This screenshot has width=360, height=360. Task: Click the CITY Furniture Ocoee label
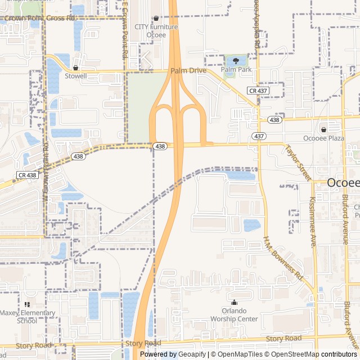pyautogui.click(x=156, y=30)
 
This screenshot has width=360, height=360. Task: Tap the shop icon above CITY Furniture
pyautogui.click(x=156, y=19)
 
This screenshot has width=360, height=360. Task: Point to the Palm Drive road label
pyautogui.click(x=188, y=71)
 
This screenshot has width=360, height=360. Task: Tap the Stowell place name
pyautogui.click(x=76, y=75)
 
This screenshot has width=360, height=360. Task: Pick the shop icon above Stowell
pyautogui.click(x=76, y=67)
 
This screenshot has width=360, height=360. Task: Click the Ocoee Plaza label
pyautogui.click(x=323, y=138)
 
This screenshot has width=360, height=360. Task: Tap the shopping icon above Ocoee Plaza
pyautogui.click(x=323, y=130)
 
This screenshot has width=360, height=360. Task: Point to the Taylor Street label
pyautogui.click(x=298, y=163)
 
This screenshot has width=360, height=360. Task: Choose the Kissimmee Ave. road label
pyautogui.click(x=313, y=222)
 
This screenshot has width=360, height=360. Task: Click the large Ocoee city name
pyautogui.click(x=344, y=183)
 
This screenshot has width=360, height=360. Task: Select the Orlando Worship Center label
pyautogui.click(x=234, y=315)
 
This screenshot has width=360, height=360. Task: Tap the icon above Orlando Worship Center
pyautogui.click(x=234, y=303)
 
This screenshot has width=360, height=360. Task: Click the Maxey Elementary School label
pyautogui.click(x=27, y=317)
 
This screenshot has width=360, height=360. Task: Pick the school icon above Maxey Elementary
pyautogui.click(x=27, y=304)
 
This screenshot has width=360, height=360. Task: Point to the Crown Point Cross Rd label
pyautogui.click(x=38, y=18)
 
